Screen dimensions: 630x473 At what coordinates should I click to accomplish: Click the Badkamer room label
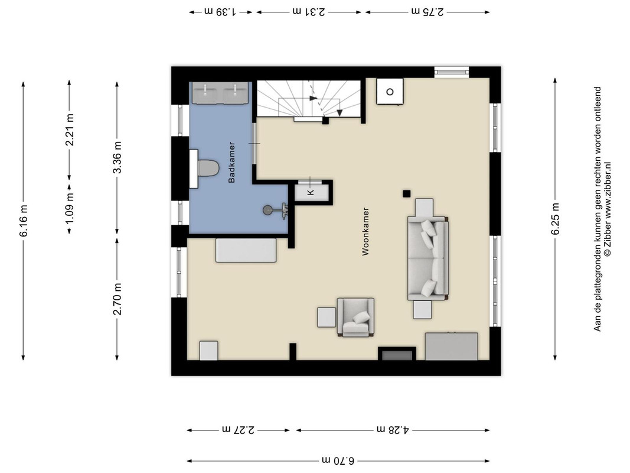tap(231, 163)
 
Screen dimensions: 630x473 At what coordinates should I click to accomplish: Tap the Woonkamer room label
tap(365, 232)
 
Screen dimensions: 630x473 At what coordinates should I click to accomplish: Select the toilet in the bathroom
tap(204, 169)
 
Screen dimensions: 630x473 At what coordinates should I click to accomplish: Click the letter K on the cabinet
tap(311, 192)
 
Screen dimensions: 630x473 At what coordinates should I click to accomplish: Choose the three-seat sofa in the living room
tap(428, 258)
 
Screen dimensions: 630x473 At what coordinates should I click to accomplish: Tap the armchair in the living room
tap(355, 317)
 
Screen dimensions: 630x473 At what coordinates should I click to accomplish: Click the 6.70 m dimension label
tap(338, 461)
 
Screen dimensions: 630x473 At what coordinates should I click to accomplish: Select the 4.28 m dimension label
tap(393, 430)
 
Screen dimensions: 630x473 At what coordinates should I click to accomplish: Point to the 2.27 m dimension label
tap(238, 430)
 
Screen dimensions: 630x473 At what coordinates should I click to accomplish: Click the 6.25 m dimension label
tap(555, 218)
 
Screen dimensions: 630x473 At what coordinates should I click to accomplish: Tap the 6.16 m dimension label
tap(23, 221)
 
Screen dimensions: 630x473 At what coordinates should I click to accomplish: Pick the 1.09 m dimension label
tap(70, 209)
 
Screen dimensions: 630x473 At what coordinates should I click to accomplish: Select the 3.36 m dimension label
tap(117, 157)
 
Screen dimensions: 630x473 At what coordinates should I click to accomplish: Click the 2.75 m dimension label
tap(427, 12)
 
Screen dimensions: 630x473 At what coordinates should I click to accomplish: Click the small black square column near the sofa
tap(407, 194)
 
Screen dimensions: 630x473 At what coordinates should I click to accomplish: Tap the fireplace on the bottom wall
tap(397, 354)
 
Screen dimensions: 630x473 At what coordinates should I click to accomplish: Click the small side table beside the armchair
tap(327, 317)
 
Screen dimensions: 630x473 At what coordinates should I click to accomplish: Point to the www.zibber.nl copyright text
tap(608, 209)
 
